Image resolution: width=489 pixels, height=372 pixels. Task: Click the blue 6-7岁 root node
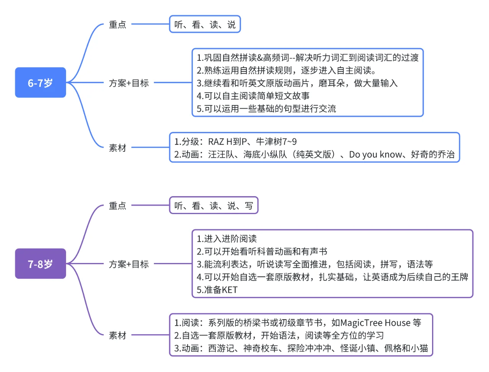[40, 83]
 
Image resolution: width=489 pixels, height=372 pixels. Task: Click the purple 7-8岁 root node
[40, 264]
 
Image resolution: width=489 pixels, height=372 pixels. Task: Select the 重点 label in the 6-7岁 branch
[117, 25]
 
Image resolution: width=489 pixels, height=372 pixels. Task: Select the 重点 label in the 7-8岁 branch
[117, 206]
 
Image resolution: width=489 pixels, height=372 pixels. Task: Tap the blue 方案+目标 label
[129, 83]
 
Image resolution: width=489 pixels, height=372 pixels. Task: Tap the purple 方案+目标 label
[129, 264]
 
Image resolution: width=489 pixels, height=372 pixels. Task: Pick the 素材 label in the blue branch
[117, 148]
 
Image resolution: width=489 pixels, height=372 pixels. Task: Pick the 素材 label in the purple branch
[117, 335]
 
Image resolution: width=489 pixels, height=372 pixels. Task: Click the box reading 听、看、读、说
[205, 24]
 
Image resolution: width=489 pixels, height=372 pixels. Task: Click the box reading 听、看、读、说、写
[214, 206]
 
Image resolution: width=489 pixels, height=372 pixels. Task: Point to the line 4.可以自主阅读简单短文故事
[253, 96]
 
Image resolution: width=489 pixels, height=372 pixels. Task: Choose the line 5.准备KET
[217, 290]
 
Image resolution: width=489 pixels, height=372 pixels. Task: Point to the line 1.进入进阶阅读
[227, 239]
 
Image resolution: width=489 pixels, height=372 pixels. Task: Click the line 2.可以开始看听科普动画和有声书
[262, 252]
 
